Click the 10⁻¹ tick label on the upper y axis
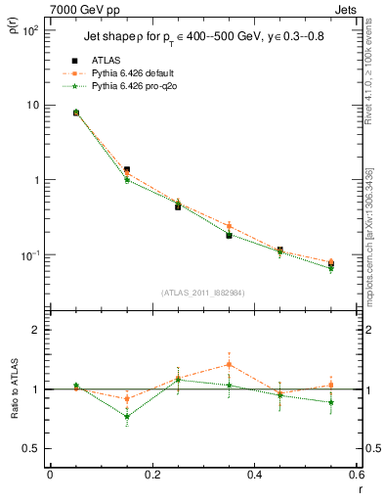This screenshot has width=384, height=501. pyautogui.click(x=30, y=255)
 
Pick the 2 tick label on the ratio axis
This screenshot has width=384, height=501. pyautogui.click(x=36, y=330)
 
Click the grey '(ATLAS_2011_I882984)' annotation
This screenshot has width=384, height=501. pyautogui.click(x=202, y=293)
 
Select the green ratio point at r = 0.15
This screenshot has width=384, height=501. pyautogui.click(x=127, y=416)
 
